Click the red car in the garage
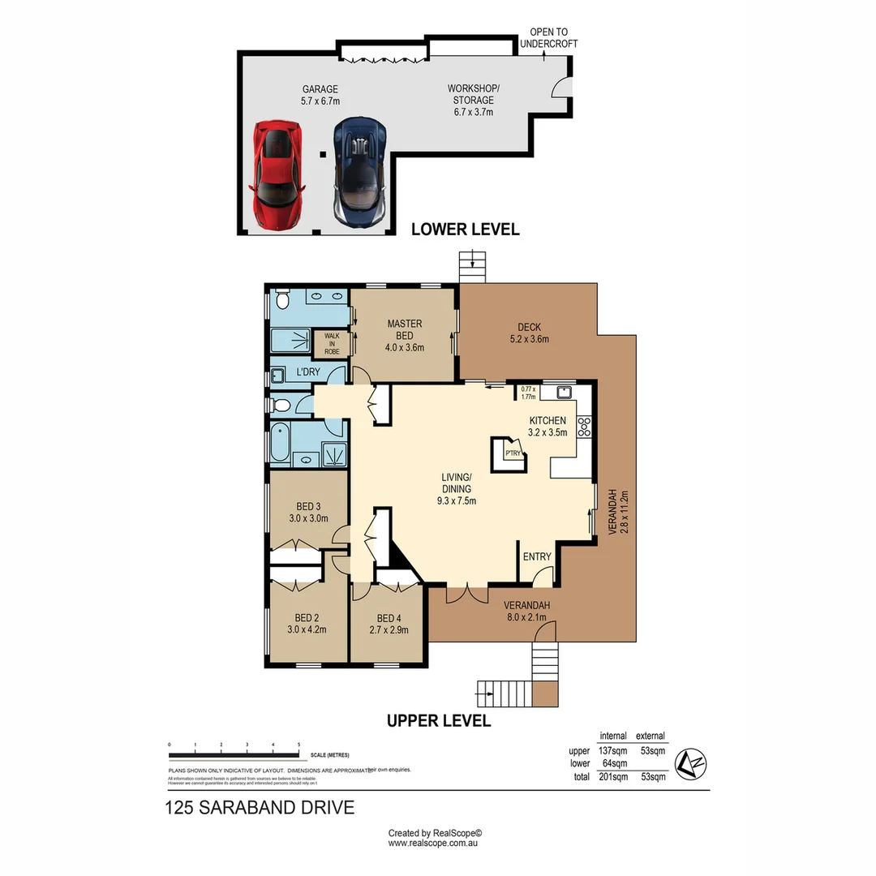[x=277, y=174]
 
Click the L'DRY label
[x=308, y=372]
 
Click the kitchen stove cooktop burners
[x=583, y=427]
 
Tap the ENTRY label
[x=537, y=556]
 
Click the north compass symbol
[x=691, y=762]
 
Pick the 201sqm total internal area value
[x=612, y=777]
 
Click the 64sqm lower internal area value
[x=615, y=763]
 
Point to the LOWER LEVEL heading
[x=465, y=230]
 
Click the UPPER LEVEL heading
[x=439, y=720]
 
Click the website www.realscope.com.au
[x=436, y=844]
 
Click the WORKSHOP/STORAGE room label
[x=474, y=101]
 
